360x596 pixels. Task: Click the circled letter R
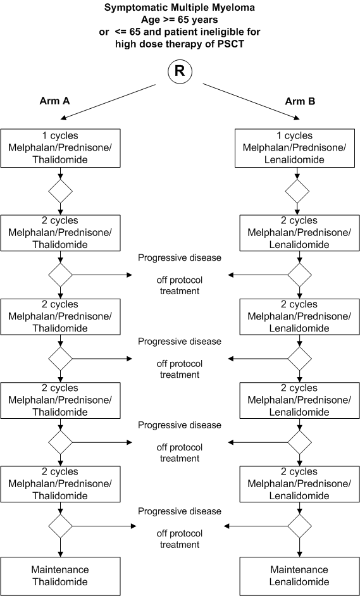coord(180,71)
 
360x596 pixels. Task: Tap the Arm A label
coord(54,101)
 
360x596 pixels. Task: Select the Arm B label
coord(300,101)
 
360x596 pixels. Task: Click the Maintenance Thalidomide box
coord(60,576)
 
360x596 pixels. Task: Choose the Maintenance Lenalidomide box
coord(299,576)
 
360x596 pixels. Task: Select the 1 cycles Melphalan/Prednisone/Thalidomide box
coord(60,148)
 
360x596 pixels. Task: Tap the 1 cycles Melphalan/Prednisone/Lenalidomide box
coord(295,148)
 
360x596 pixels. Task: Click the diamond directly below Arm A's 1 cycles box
coord(61,191)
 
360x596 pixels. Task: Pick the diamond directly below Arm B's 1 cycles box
coord(297,191)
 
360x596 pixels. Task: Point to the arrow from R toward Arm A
coord(108,102)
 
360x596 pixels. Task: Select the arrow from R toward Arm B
coord(251,101)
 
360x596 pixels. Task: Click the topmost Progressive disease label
coord(180,258)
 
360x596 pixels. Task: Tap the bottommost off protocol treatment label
coord(180,538)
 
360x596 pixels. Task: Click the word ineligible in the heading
coord(222,32)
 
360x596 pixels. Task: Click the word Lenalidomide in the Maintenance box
coord(299,582)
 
